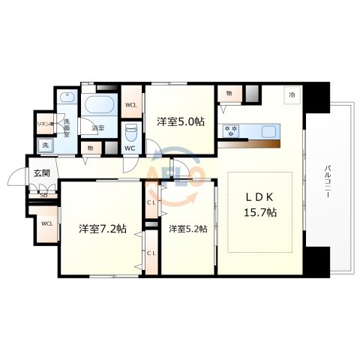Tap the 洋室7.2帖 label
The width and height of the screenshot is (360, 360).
point(102,228)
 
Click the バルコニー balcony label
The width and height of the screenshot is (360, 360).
point(328,182)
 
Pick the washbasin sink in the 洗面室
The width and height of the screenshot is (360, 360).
point(67,98)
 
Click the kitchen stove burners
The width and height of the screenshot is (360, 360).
point(230,130)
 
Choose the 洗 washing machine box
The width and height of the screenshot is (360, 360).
point(45,144)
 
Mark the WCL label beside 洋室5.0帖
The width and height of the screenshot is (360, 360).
point(130,104)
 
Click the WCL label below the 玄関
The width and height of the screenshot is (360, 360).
point(46,223)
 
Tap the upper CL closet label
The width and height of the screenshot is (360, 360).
point(151,202)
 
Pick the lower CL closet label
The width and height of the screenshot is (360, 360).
point(151,253)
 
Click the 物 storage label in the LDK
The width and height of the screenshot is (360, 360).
point(227,94)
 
